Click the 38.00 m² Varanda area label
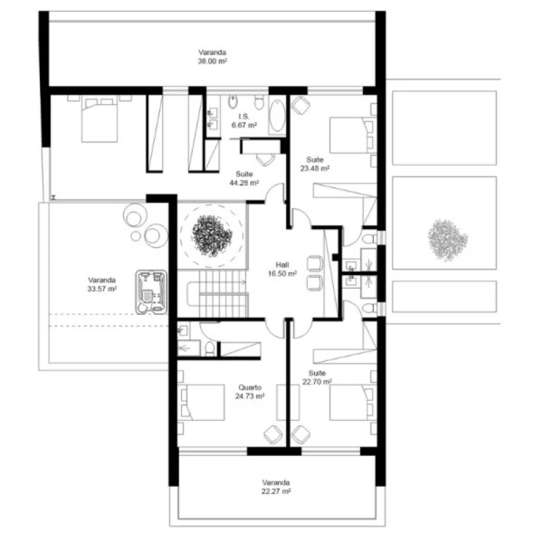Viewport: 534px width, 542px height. tap(212, 57)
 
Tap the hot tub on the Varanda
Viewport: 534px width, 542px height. tap(151, 292)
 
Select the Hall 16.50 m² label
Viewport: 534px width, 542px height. tap(282, 269)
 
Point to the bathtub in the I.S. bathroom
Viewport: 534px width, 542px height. tap(277, 116)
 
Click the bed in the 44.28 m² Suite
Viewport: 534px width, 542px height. tap(99, 119)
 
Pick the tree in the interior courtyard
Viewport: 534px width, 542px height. tap(212, 235)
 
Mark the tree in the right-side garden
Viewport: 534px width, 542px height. tap(447, 240)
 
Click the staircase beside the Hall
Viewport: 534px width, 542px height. tap(218, 294)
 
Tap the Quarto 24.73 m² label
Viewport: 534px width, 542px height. tap(250, 391)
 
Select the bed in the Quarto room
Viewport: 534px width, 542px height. tap(203, 403)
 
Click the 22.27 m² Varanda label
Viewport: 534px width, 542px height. tap(276, 487)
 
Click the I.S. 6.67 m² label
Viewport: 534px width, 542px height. tap(244, 120)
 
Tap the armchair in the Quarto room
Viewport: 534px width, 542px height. tap(273, 434)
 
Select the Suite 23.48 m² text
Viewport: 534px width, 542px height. tap(314, 164)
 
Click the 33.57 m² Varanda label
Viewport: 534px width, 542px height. tap(101, 284)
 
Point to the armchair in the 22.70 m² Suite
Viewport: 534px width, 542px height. tap(301, 434)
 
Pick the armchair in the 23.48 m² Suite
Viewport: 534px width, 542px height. tap(301, 106)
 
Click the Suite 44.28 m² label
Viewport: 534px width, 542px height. tap(244, 178)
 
